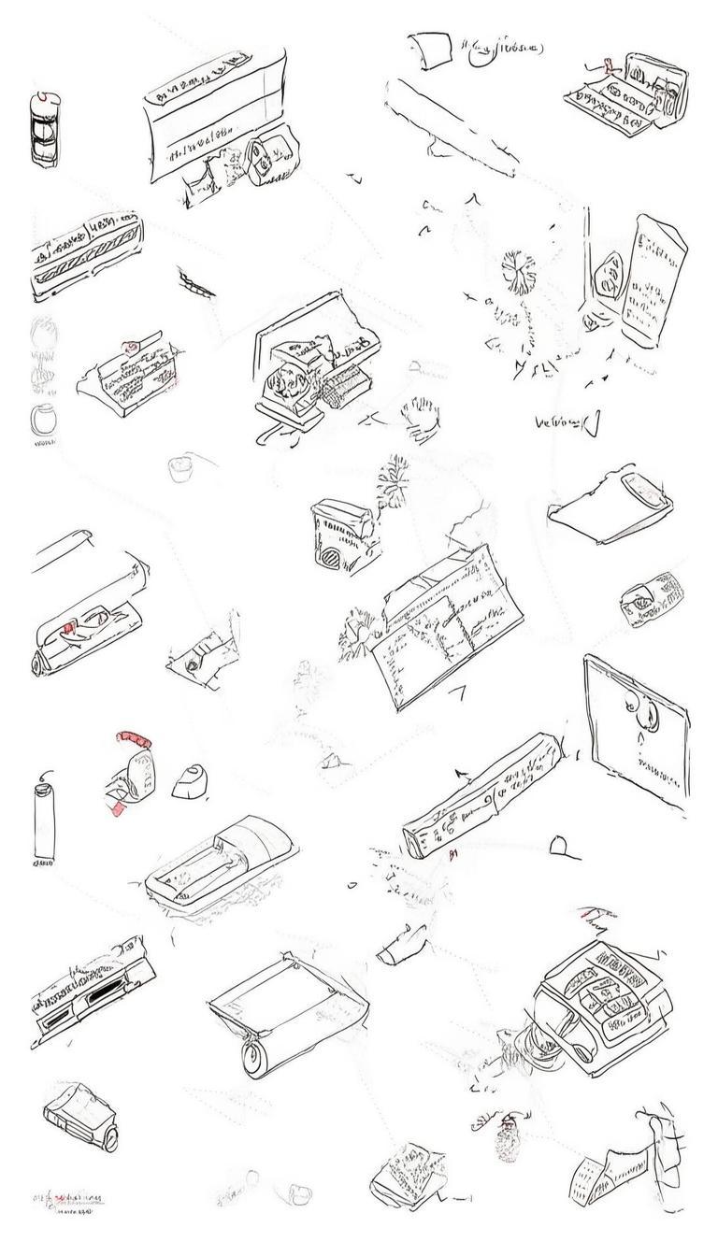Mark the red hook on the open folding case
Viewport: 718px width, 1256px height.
point(608,65)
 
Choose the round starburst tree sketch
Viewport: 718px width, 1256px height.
point(518,271)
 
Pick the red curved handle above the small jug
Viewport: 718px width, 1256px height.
point(132,739)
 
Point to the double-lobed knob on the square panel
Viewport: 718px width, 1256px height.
point(644,716)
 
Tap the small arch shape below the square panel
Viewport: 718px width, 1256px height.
point(561,846)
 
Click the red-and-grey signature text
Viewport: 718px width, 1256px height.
point(69,1200)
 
